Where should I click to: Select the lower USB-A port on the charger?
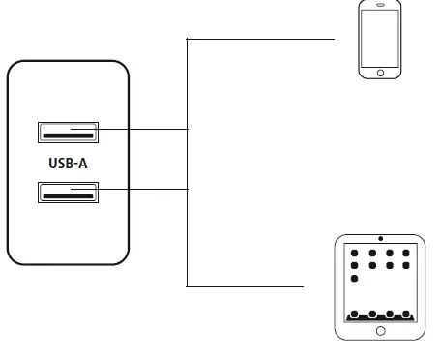pyautogui.click(x=67, y=192)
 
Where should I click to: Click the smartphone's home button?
pyautogui.click(x=380, y=72)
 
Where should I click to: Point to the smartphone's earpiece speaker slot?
pyautogui.click(x=380, y=8)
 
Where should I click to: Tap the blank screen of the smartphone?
pyautogui.click(x=380, y=39)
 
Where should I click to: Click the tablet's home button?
pyautogui.click(x=380, y=330)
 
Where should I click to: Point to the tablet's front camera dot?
pyautogui.click(x=380, y=238)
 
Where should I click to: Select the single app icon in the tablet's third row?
pyautogui.click(x=354, y=278)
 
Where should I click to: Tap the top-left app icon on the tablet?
pyautogui.click(x=354, y=253)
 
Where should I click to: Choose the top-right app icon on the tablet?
pyautogui.click(x=406, y=253)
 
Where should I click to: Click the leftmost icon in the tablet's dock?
pyautogui.click(x=354, y=314)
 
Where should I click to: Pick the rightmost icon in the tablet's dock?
pyautogui.click(x=406, y=314)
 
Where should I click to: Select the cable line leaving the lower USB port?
pyautogui.click(x=145, y=189)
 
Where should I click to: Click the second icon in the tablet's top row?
pyautogui.click(x=371, y=253)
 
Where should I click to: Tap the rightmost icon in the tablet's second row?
pyautogui.click(x=406, y=264)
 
